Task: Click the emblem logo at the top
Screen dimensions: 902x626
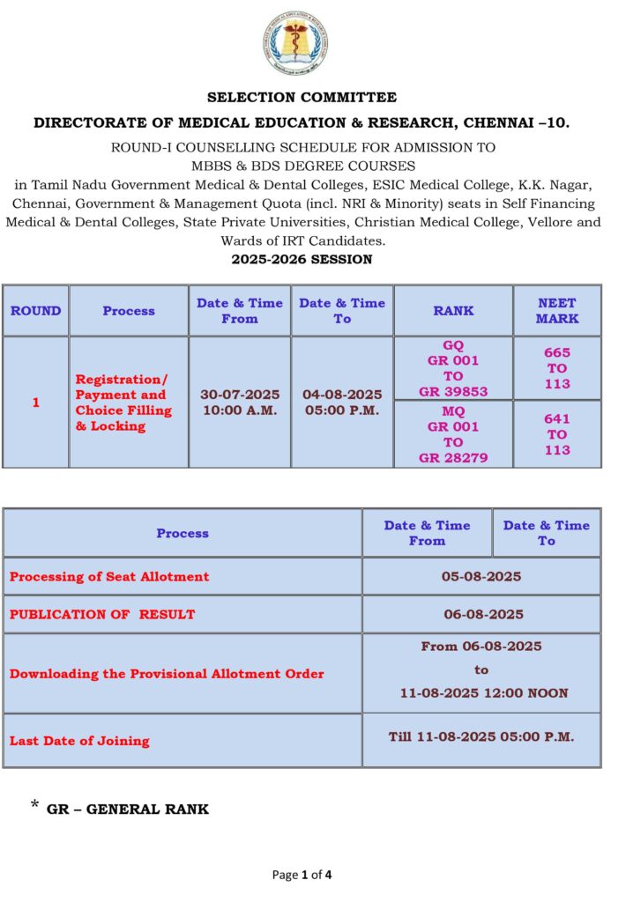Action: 302,45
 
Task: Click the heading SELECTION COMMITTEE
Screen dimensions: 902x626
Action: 302,97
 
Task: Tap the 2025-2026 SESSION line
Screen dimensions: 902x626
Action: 302,259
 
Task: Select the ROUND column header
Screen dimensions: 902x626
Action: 35,310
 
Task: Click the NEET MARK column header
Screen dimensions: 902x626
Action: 556,310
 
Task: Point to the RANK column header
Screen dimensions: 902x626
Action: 453,310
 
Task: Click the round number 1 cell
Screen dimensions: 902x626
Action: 35,402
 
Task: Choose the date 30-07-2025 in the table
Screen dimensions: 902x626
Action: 239,395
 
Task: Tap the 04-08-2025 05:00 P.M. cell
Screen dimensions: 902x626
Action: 342,402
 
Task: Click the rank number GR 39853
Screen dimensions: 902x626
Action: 453,391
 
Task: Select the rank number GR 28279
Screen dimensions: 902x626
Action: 453,457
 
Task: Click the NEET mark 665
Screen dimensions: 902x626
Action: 556,352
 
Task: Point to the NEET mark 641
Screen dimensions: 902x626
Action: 556,418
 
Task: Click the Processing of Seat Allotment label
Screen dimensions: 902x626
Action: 109,576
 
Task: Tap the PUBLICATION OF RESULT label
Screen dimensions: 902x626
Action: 102,614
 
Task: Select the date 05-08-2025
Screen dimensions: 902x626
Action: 481,576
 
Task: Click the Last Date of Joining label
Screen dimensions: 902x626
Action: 79,741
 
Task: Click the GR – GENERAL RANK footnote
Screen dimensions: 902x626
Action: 128,809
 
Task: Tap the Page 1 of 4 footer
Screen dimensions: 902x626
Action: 302,875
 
